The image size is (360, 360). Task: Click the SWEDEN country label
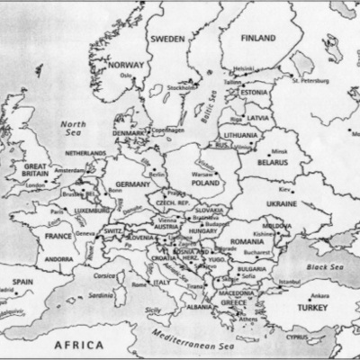tap(167, 39)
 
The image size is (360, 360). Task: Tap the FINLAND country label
tap(257, 39)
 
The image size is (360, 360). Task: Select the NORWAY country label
tap(124, 65)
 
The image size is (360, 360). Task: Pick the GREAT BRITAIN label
tap(37, 171)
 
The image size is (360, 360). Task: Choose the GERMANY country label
tap(133, 184)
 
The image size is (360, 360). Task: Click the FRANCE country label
tap(58, 236)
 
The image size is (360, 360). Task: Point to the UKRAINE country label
tap(283, 204)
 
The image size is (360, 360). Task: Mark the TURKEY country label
tap(298, 308)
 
